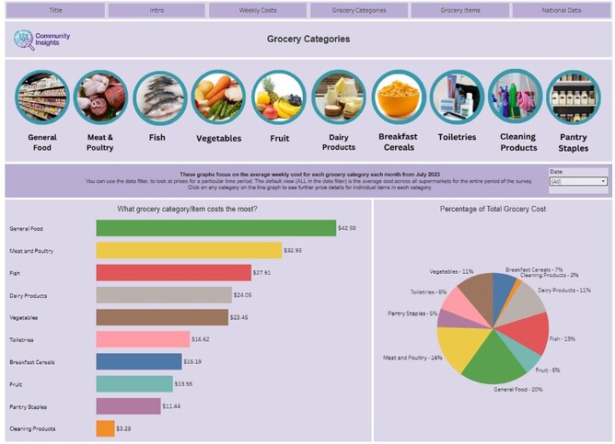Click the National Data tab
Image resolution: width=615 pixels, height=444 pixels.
pos(561,10)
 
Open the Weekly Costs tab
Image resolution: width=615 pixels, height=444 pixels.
pos(257,10)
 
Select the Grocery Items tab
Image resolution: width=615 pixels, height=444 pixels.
pos(459,10)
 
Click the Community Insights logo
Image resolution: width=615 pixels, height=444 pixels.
pos(41,40)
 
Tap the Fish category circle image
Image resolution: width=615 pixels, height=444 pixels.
pos(159,97)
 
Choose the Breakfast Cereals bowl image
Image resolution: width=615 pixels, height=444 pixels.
pos(398,97)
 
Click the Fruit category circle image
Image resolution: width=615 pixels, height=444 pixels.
pos(278,97)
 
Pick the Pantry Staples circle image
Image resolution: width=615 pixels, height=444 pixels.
pos(574,97)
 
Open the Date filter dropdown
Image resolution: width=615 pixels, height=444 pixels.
pos(577,181)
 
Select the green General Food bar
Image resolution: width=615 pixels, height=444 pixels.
pos(215,228)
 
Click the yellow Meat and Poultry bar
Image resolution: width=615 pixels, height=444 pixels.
pos(189,250)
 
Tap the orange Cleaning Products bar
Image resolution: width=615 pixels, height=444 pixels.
pos(105,428)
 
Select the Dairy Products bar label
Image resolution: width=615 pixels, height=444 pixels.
pos(28,295)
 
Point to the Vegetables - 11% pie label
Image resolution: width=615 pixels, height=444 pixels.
pos(451,272)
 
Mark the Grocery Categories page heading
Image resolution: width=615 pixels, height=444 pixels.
pos(308,40)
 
